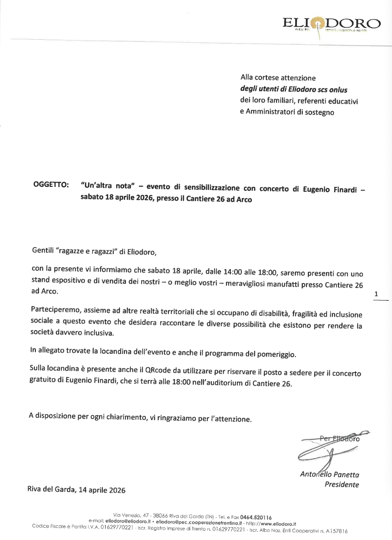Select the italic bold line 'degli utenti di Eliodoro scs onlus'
(294, 90)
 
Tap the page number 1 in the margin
(376, 294)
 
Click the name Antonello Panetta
(329, 474)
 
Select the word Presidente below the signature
(341, 484)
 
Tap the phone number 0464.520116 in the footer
(256, 517)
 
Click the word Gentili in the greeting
(43, 250)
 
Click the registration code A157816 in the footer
(337, 531)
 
